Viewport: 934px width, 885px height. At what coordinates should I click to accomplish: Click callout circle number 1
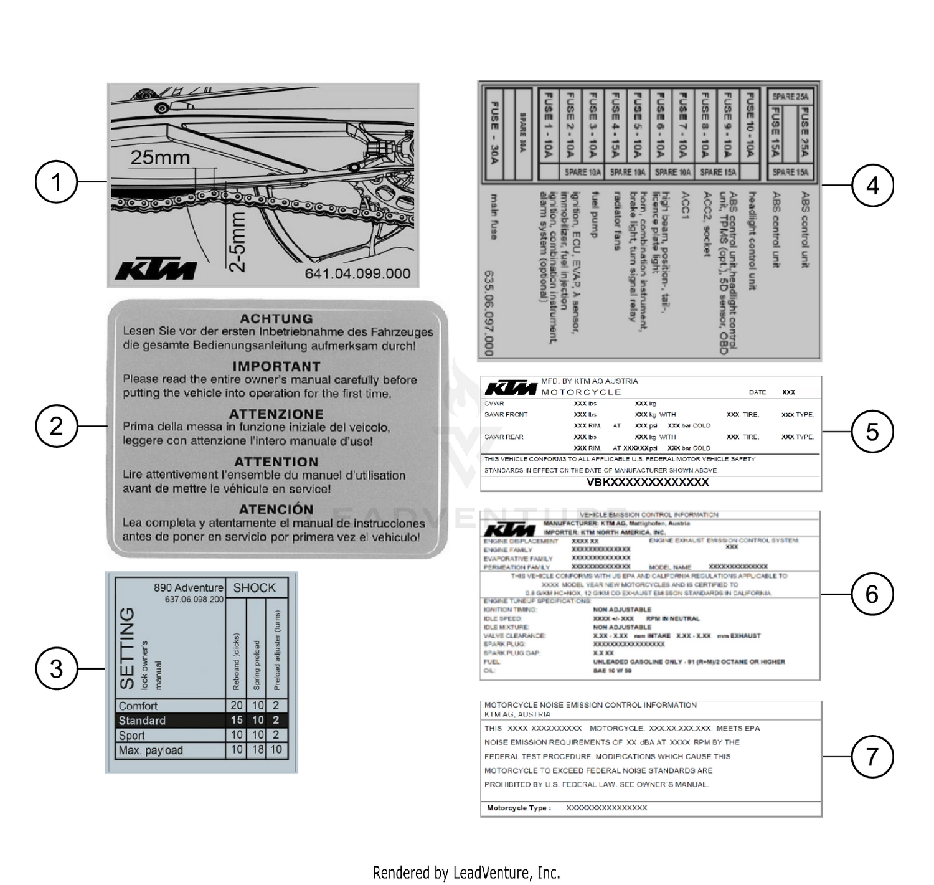[56, 182]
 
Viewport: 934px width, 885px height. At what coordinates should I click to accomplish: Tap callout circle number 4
[872, 185]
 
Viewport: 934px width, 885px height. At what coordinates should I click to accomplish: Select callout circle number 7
[872, 757]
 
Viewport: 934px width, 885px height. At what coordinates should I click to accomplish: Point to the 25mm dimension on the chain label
[160, 158]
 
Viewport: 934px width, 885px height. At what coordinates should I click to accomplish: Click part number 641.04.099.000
[357, 273]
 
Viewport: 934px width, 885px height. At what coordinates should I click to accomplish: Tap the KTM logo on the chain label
[156, 270]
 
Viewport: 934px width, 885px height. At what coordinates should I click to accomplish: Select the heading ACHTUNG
[276, 318]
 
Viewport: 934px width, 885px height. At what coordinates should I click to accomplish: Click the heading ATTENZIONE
[276, 414]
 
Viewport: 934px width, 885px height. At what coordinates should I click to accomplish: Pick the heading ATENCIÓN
[276, 509]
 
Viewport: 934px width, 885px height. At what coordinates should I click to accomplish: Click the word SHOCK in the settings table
[254, 587]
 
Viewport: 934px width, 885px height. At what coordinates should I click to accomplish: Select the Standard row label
[142, 721]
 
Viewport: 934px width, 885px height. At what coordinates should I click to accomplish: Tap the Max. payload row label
[151, 750]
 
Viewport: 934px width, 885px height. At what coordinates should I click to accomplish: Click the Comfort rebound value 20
[237, 706]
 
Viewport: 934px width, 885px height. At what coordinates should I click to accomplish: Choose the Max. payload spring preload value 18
[258, 750]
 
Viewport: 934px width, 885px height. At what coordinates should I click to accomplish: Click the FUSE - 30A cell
[494, 133]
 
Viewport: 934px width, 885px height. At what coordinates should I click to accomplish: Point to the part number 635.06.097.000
[489, 313]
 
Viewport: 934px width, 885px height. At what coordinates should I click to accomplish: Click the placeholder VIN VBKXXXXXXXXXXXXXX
[648, 483]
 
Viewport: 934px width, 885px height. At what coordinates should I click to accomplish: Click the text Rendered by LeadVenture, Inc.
[466, 873]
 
